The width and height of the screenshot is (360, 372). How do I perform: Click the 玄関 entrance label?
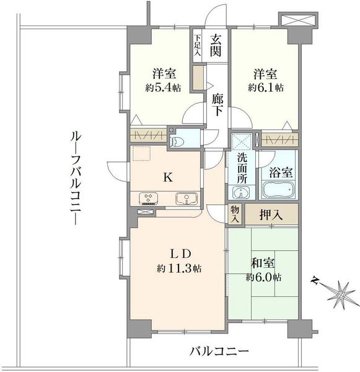(x=216, y=45)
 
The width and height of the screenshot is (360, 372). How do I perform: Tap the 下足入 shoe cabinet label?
(x=197, y=45)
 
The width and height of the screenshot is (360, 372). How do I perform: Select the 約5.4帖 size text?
(x=164, y=88)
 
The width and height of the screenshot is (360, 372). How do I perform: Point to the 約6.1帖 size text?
(x=266, y=88)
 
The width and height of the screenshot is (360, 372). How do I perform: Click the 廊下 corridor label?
(x=217, y=104)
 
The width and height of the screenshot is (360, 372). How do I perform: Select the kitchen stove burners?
(x=149, y=198)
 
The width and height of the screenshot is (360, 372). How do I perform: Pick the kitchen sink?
(x=187, y=198)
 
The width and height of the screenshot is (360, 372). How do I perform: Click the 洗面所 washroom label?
(x=242, y=169)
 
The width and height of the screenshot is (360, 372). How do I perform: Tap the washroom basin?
(x=241, y=192)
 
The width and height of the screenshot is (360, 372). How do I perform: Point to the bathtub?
(x=279, y=190)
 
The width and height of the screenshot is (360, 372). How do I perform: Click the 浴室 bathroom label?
(x=280, y=172)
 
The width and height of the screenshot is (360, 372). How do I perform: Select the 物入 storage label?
(x=235, y=215)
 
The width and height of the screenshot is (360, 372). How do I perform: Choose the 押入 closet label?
(x=271, y=215)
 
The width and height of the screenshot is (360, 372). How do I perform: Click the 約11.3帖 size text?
(x=179, y=268)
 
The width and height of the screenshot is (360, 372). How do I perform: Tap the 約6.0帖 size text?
(x=264, y=277)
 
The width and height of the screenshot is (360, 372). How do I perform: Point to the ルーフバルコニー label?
(x=76, y=179)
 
